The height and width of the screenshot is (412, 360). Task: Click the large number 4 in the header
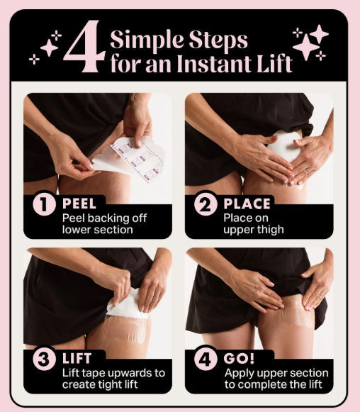click(x=84, y=46)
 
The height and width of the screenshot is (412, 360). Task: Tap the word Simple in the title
click(x=147, y=40)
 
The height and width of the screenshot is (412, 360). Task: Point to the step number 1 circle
click(x=44, y=204)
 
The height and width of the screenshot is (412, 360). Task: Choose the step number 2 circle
click(x=206, y=204)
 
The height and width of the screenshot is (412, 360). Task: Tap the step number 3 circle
click(x=44, y=359)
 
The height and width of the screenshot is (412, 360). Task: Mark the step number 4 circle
click(x=206, y=359)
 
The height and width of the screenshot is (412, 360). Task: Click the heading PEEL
click(x=79, y=204)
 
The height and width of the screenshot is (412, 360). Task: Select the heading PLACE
click(x=247, y=204)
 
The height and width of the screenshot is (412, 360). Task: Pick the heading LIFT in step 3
click(x=77, y=358)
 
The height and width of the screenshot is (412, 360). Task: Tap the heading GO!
click(x=239, y=358)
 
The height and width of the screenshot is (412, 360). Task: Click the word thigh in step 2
click(x=270, y=230)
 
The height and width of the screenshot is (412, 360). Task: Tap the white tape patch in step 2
click(x=283, y=145)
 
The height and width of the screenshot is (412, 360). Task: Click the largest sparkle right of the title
click(x=305, y=48)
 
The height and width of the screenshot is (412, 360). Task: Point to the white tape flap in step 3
click(x=125, y=305)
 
